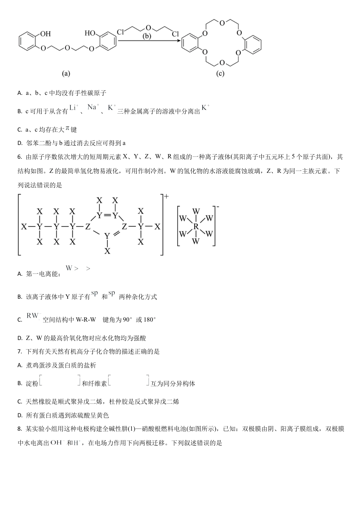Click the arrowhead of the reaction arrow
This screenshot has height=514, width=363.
coord(178,41)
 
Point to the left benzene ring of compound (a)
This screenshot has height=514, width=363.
coord(27,41)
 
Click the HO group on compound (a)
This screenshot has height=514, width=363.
coord(90,33)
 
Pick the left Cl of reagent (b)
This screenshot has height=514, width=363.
coord(120,32)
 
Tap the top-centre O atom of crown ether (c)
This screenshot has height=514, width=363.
coord(222,22)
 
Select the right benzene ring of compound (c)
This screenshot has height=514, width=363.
coord(253,44)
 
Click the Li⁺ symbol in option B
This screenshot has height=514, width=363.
coord(74,108)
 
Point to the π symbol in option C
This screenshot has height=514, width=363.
coord(68,128)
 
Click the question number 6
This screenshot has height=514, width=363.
coord(19,157)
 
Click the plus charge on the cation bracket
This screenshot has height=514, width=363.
coord(166,197)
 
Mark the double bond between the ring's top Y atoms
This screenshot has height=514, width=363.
coord(107,215)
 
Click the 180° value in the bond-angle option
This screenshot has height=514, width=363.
coord(149,320)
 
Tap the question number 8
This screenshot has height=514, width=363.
coord(19,429)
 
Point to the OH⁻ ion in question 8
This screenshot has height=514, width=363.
coord(56,443)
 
